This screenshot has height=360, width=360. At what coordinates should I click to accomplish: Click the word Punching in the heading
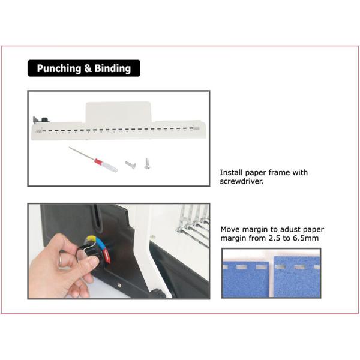click(x=59, y=68)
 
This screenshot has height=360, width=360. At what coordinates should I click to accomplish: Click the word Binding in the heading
click(x=113, y=68)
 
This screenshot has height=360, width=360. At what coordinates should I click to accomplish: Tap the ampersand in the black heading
click(x=88, y=68)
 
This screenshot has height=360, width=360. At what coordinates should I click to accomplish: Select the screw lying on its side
click(x=130, y=164)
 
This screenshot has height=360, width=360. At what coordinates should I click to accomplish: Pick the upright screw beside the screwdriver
click(x=147, y=164)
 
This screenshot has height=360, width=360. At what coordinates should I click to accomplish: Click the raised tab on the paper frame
click(x=118, y=113)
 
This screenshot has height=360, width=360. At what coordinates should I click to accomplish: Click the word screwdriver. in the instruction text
click(x=242, y=181)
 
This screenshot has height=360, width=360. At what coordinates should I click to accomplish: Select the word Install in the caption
click(x=231, y=172)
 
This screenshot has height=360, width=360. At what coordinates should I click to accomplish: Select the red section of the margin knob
click(x=107, y=256)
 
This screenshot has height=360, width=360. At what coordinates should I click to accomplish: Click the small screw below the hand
click(x=119, y=285)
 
